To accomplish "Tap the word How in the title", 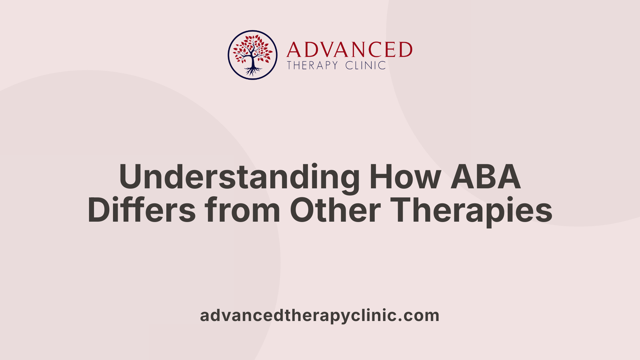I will pyautogui.click(x=405, y=177).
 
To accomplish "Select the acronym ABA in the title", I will pyautogui.click(x=486, y=177).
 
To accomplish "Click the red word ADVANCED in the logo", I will pyautogui.click(x=349, y=50).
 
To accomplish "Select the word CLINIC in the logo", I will pyautogui.click(x=366, y=65).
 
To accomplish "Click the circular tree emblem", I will pyautogui.click(x=253, y=55).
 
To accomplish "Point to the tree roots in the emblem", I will pyautogui.click(x=253, y=71).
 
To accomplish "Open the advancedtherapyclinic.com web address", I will pyautogui.click(x=319, y=315).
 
